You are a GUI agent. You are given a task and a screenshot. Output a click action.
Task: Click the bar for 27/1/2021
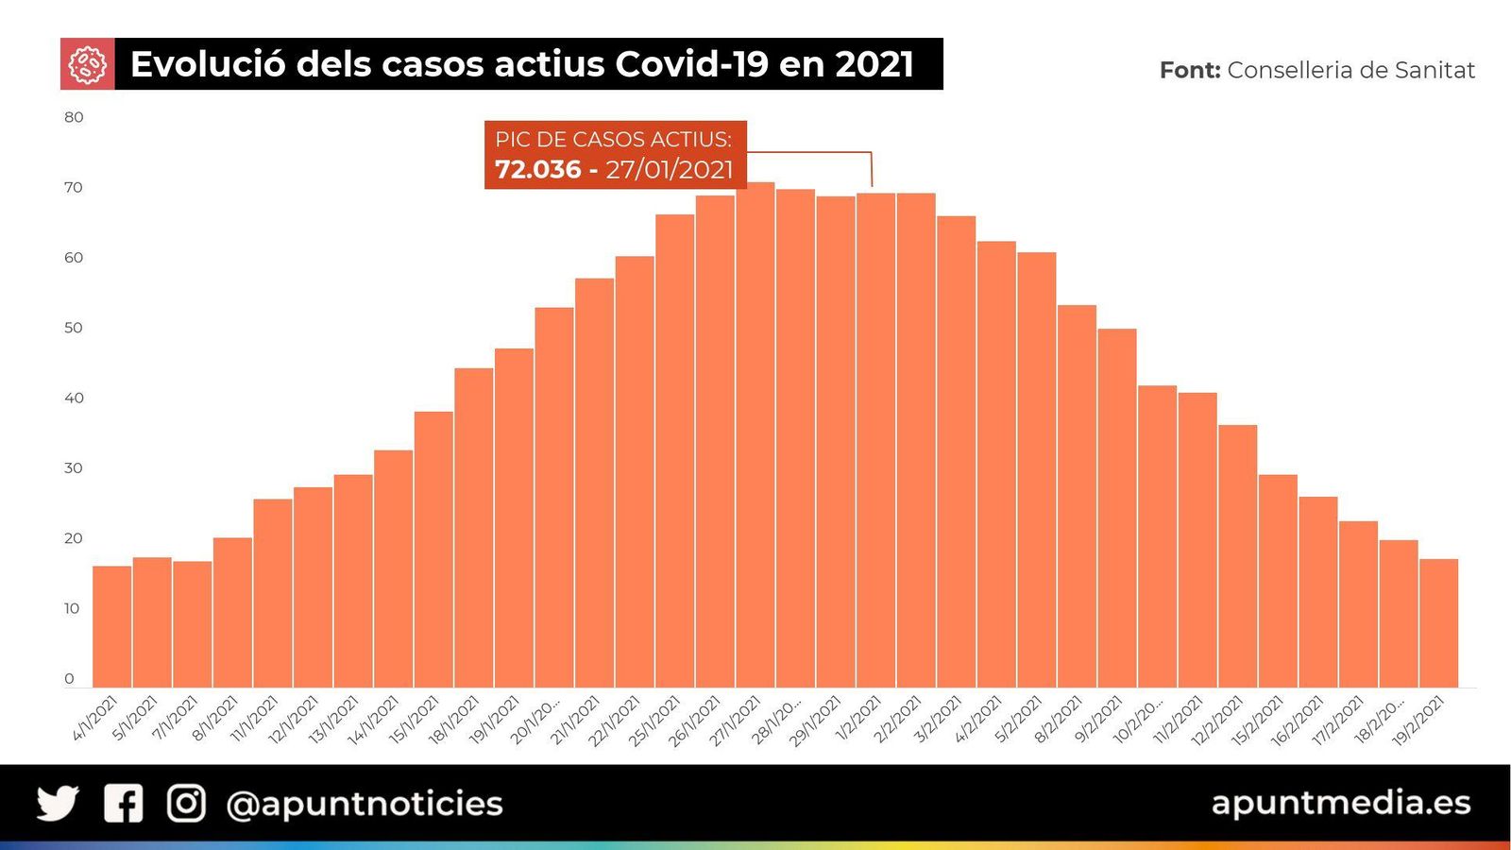[x=755, y=434]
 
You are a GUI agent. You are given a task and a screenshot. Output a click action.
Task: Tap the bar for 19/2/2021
[x=1438, y=623]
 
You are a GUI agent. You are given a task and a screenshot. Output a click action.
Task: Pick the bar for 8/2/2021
[x=1077, y=496]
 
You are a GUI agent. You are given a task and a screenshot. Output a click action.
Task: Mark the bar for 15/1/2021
[x=433, y=549]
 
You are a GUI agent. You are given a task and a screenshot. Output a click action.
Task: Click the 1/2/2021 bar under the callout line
[x=875, y=440]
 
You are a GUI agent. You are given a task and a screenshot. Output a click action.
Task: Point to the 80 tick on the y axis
[x=74, y=117]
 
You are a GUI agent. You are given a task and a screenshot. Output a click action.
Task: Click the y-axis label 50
[x=74, y=328]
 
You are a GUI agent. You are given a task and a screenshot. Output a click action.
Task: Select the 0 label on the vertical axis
[x=69, y=678]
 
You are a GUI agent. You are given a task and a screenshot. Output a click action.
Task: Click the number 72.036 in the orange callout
[x=537, y=170]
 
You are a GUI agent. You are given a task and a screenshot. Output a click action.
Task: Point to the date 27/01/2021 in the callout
[x=669, y=170]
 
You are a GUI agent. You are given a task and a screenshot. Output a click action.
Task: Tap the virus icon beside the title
[x=87, y=64]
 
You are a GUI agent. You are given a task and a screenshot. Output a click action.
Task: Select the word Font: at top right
[x=1189, y=70]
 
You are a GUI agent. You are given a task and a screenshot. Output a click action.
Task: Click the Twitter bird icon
[x=58, y=804]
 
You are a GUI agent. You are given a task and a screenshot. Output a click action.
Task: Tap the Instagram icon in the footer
[x=186, y=804]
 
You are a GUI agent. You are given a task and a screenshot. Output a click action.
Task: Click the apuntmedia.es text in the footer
[x=1340, y=803]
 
